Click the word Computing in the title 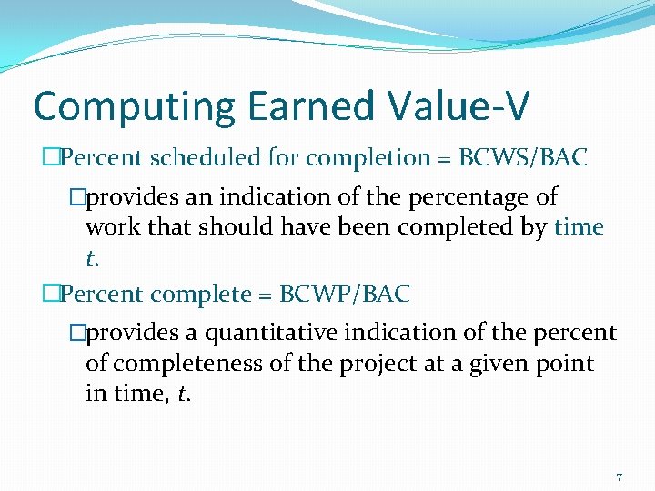(117, 106)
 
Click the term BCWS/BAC (523, 158)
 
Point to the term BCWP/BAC (345, 295)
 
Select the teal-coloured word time (579, 227)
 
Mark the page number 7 (619, 477)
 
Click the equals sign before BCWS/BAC (446, 159)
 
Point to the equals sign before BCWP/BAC (267, 296)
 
